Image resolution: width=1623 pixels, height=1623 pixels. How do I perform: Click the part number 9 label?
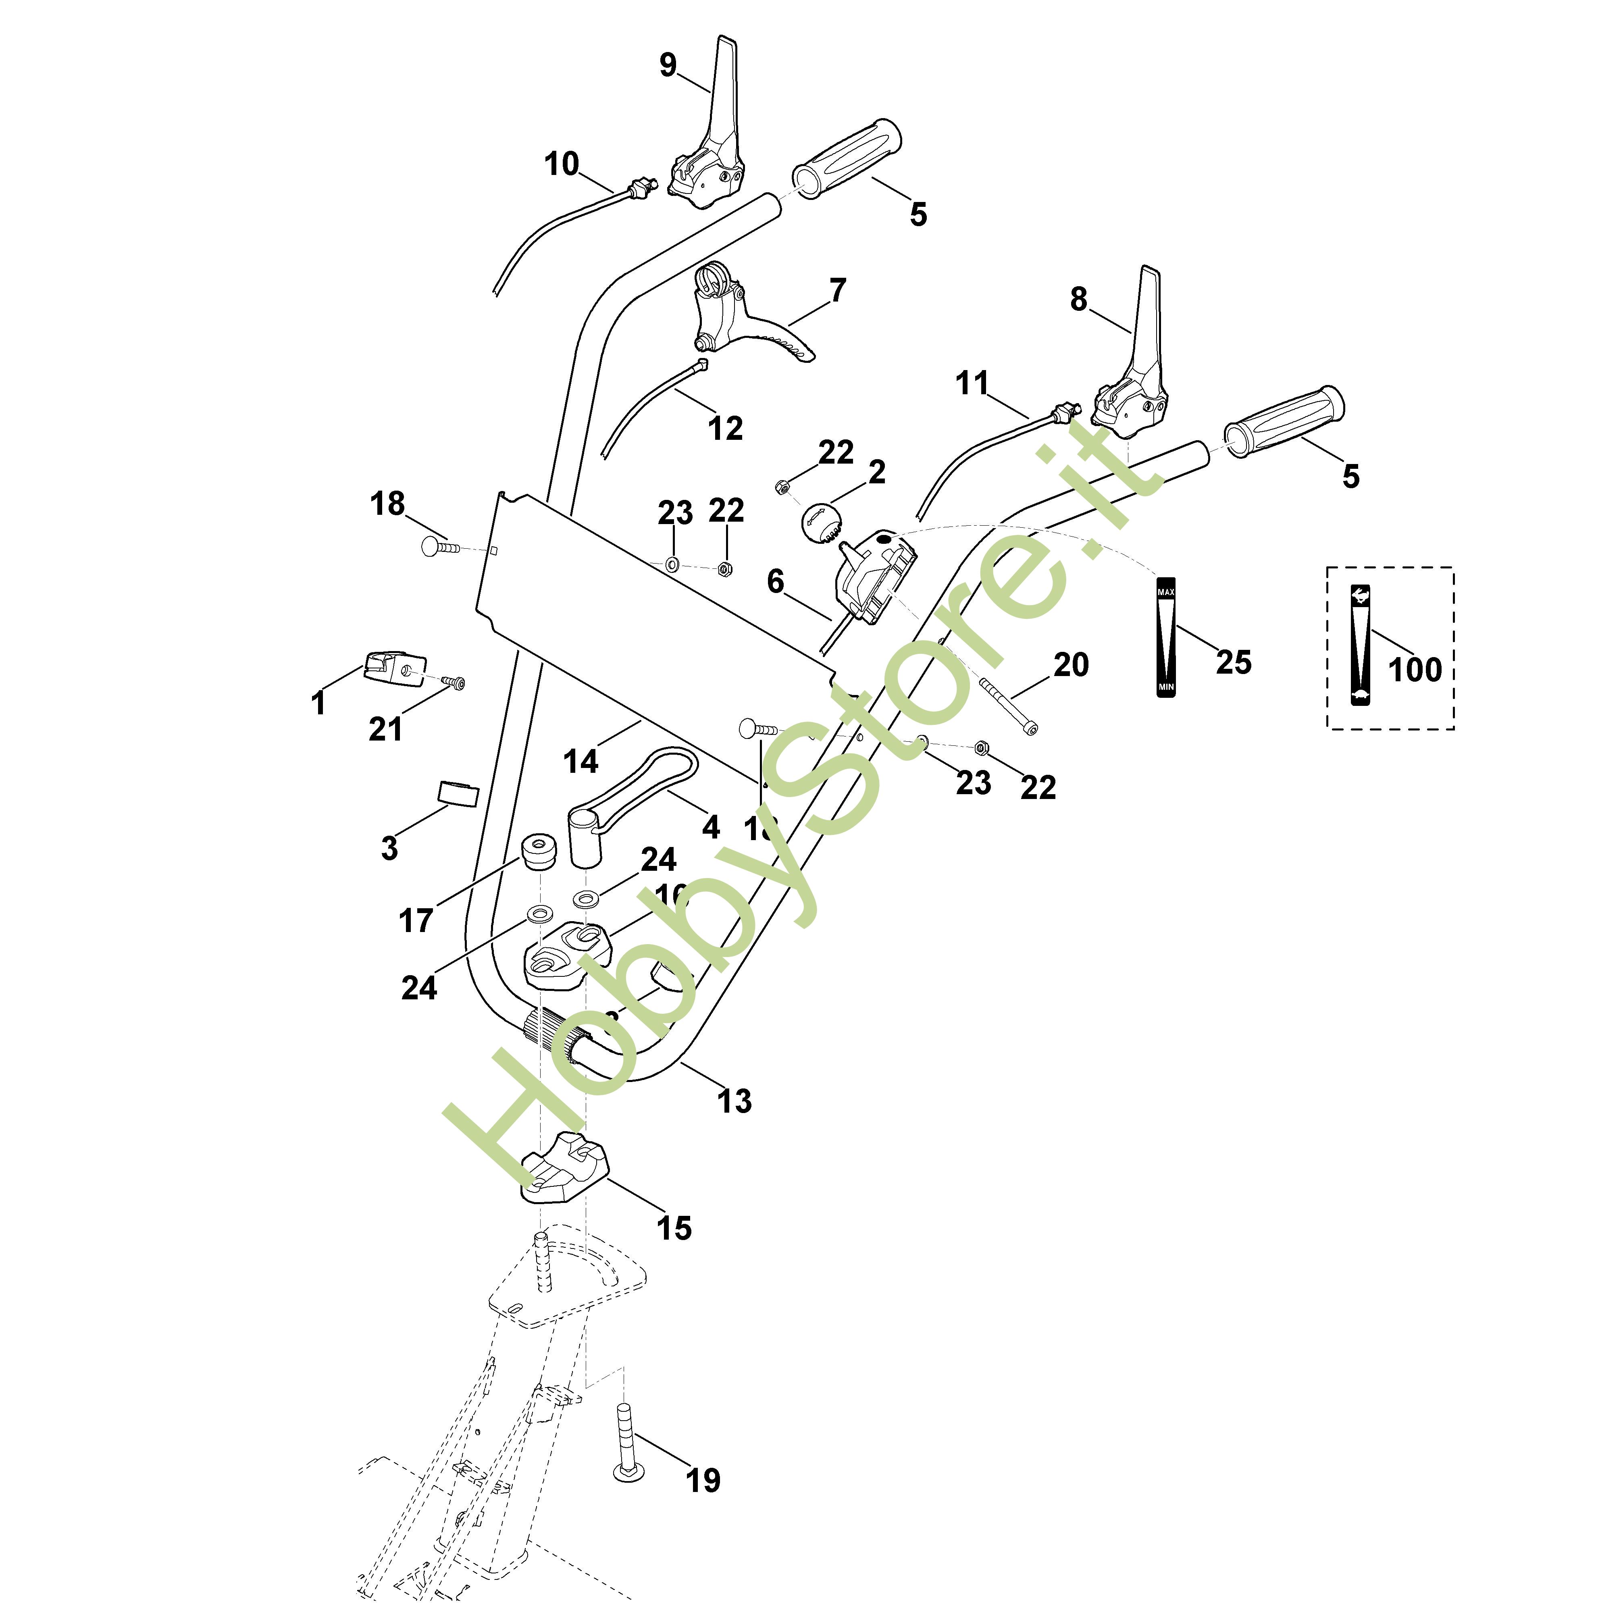(x=668, y=65)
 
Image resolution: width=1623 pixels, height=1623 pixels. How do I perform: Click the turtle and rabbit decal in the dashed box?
(x=1360, y=645)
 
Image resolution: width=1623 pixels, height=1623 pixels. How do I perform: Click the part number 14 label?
(x=581, y=761)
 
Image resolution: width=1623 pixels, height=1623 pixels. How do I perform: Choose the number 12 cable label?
(x=726, y=429)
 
